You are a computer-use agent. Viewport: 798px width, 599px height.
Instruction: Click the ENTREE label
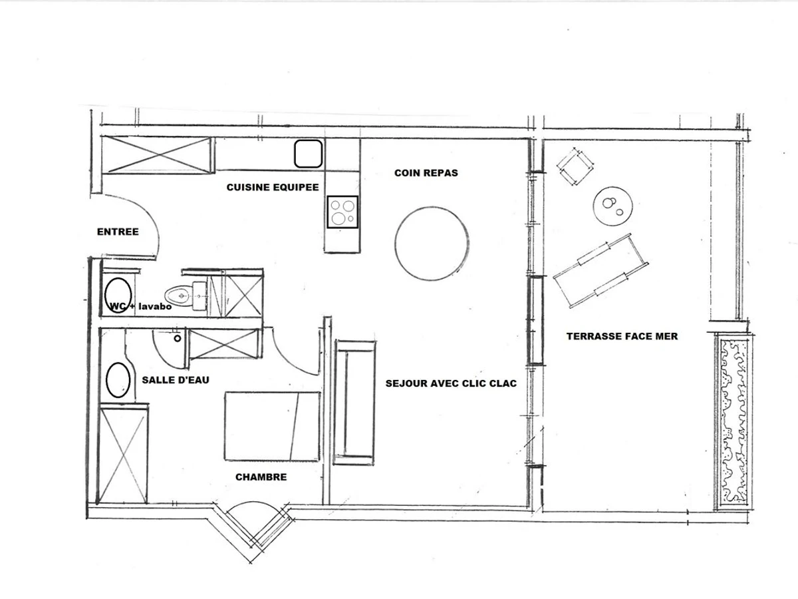coord(118,232)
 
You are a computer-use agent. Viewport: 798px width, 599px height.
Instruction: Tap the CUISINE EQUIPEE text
coord(273,187)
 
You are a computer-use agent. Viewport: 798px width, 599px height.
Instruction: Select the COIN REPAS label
coord(426,173)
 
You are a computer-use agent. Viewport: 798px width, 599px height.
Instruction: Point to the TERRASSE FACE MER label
coord(622,336)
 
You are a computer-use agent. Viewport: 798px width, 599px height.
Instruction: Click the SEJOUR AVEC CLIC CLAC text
coord(451,383)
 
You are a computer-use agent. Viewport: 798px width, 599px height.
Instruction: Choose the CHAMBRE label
coord(261,477)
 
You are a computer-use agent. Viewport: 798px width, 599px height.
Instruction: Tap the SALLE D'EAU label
coord(176,380)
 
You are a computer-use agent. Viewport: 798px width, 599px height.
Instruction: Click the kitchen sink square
coord(309,154)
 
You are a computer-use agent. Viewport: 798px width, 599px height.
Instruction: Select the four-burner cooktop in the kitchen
coord(342,212)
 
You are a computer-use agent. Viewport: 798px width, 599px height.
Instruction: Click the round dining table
coord(432,244)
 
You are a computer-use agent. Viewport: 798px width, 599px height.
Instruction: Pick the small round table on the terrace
coord(612,206)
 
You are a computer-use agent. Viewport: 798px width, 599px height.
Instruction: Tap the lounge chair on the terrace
coord(601,270)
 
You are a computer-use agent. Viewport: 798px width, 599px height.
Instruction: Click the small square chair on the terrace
coord(575,166)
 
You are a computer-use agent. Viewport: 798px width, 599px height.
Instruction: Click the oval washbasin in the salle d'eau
coord(118,379)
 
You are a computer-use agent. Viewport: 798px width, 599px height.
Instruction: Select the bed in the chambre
coord(272,426)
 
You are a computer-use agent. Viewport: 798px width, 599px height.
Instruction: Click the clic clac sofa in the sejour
coord(354,403)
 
